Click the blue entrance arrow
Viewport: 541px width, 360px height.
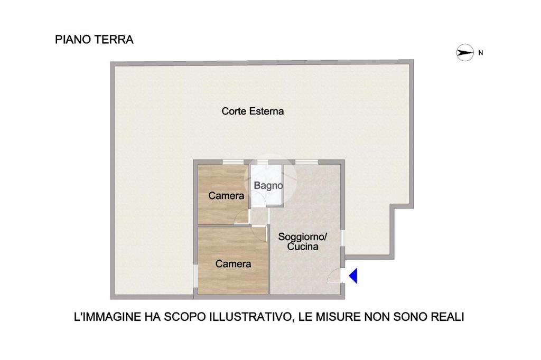pos(353,276)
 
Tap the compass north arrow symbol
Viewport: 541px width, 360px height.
pos(465,53)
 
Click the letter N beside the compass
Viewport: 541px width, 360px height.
pos(481,53)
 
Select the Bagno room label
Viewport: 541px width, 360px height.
pos(268,186)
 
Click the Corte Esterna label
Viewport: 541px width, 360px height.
pos(253,111)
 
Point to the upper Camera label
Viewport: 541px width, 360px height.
pos(226,195)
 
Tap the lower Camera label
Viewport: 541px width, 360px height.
pos(233,264)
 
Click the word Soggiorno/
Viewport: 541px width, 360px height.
pos(303,237)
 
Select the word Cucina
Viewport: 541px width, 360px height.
pos(303,247)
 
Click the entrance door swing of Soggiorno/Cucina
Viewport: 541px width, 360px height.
pos(333,277)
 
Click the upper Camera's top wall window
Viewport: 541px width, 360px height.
pos(233,162)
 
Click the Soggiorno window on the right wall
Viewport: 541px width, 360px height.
pos(342,238)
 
